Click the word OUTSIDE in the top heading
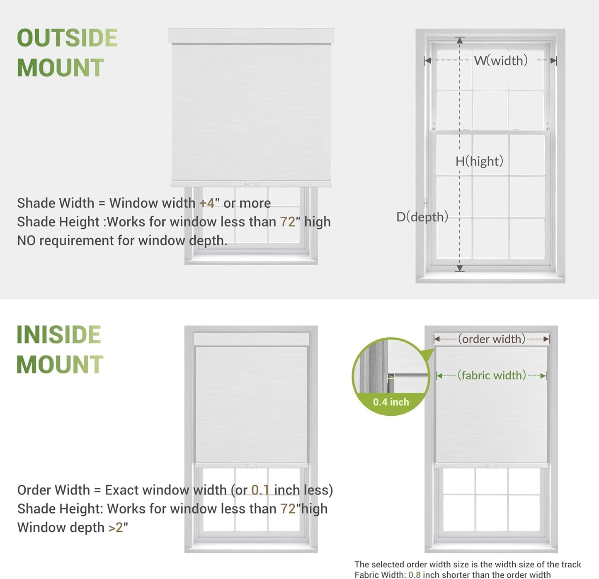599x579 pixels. coord(67,38)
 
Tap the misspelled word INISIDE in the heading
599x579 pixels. coord(58,334)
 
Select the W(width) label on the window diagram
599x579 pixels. coord(501,61)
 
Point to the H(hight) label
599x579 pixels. coord(479,161)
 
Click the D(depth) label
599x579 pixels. coord(422,216)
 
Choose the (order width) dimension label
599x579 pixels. coord(491,339)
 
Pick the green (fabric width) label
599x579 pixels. coord(492,376)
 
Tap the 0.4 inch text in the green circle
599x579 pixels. coord(390,402)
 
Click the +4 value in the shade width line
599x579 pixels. coord(207,203)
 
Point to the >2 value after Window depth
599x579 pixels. coord(116,528)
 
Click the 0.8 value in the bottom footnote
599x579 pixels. coord(414,575)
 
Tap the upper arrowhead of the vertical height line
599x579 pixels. coord(459,40)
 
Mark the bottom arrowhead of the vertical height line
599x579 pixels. coord(459,269)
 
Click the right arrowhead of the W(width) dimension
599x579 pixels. coord(553,61)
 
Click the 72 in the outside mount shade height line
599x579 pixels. coord(288,222)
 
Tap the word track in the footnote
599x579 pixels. coord(571,564)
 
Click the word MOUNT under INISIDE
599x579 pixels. coord(60,365)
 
